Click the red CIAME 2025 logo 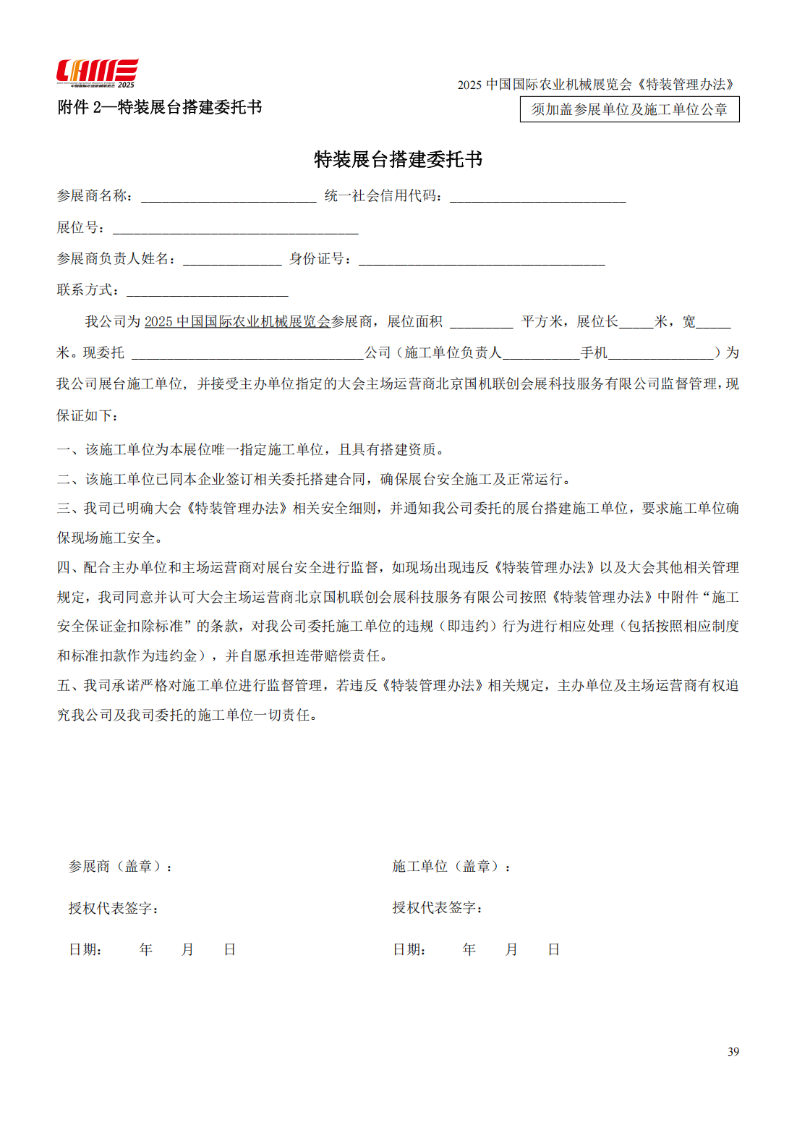coord(97,73)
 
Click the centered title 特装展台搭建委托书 coord(398,159)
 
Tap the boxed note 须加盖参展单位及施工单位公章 coord(629,109)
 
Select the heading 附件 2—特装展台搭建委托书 coord(159,107)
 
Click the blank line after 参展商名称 coord(229,197)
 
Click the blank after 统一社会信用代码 coord(537,197)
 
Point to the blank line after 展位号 coord(236,229)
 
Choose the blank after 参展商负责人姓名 coord(232,260)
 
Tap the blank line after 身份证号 coord(482,260)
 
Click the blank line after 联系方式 coord(208,291)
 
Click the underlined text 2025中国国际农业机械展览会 coord(237,321)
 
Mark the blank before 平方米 coord(481,322)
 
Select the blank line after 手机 coord(661,353)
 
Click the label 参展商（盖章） coord(120,866)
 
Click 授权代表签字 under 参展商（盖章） coord(113,908)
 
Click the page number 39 coord(733,1051)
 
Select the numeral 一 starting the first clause coord(64,450)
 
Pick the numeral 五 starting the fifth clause coord(64,685)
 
